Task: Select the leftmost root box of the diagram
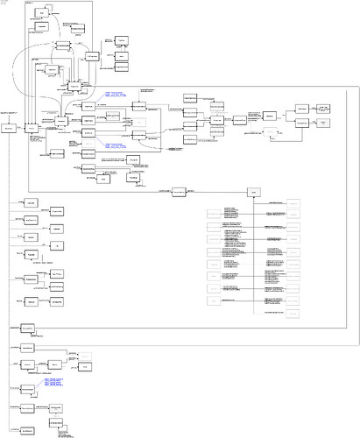point(10,128)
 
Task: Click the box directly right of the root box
point(32,128)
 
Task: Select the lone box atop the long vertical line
point(254,192)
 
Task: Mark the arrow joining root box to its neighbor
point(22,128)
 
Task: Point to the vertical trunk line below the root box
point(10,263)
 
